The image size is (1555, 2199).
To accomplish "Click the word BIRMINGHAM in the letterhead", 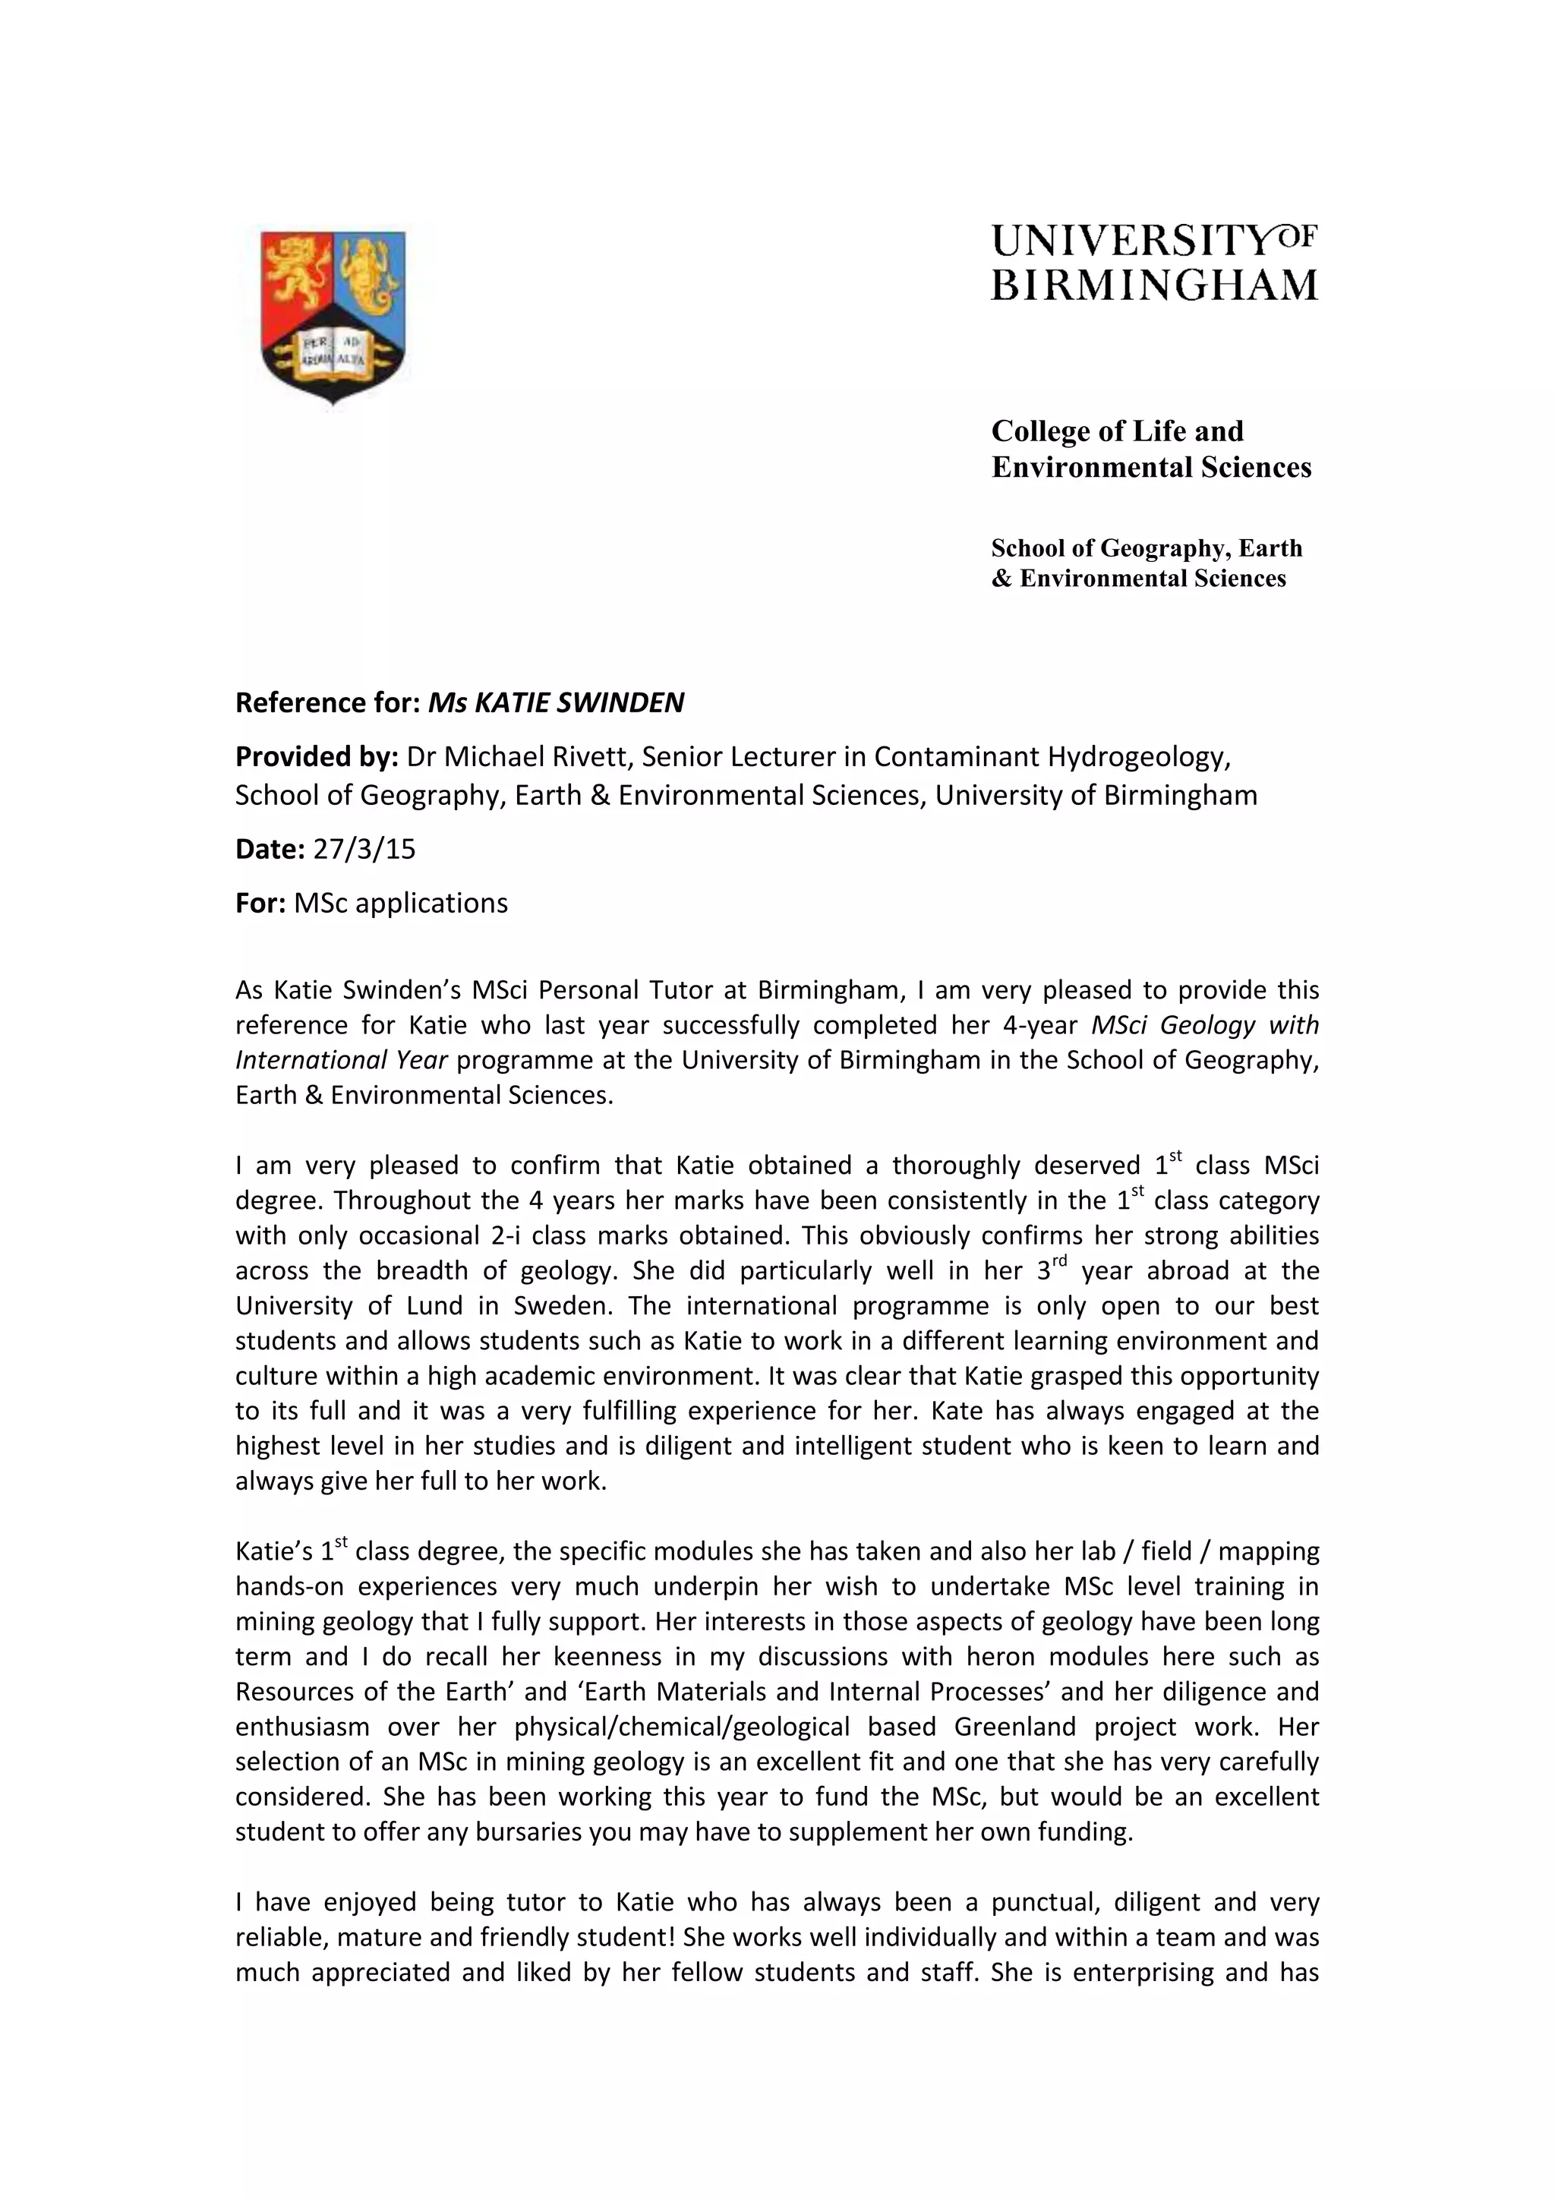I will (1154, 286).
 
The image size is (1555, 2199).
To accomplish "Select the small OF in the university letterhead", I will (1298, 235).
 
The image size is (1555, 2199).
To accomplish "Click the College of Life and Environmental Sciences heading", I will (1150, 448).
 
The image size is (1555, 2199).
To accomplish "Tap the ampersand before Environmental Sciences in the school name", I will (1001, 579).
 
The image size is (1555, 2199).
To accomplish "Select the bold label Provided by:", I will (316, 756).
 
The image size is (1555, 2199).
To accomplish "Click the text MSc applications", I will (400, 903).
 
